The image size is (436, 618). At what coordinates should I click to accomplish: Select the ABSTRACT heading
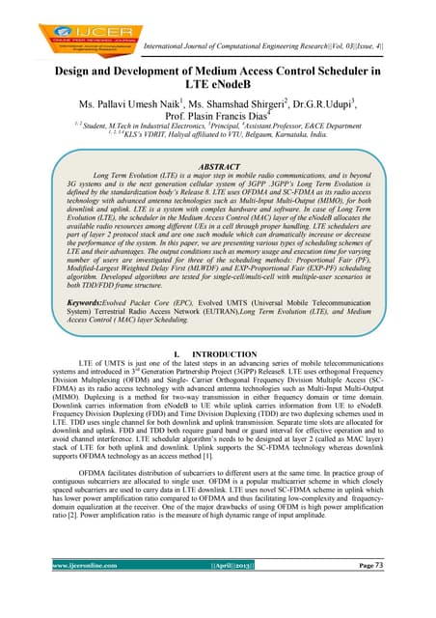pyautogui.click(x=221, y=166)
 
